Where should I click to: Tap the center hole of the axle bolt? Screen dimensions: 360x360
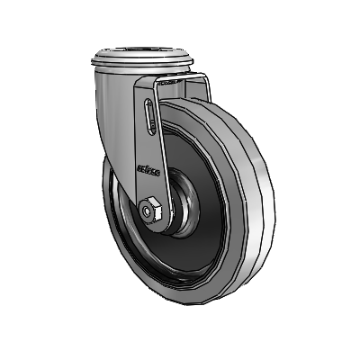[148, 211]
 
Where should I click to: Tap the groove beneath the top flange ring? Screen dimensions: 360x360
[144, 75]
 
